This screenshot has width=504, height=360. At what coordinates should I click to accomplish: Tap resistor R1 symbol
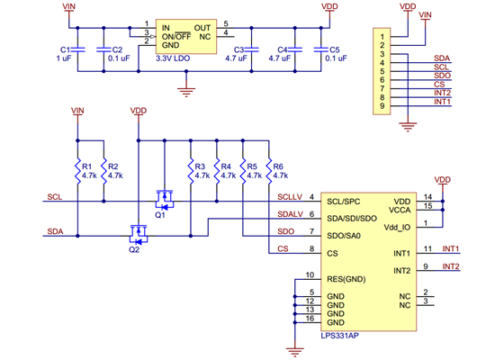click(80, 171)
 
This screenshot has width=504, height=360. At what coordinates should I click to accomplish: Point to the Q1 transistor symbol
click(165, 197)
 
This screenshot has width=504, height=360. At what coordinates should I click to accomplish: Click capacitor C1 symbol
click(79, 49)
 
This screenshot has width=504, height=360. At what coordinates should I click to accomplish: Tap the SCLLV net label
click(290, 196)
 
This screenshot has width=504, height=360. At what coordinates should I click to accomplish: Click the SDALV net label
click(290, 214)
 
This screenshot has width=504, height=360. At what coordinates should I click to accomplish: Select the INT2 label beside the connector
click(442, 93)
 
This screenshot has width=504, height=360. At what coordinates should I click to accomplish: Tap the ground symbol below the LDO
click(186, 88)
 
